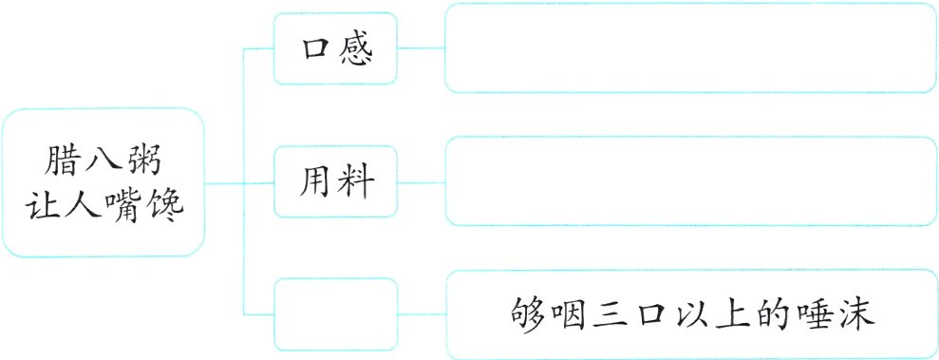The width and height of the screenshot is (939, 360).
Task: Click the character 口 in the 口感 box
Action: point(315,49)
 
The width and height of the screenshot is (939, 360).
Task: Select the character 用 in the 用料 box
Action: point(315,181)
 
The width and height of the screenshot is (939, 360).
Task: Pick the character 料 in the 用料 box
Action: point(355,181)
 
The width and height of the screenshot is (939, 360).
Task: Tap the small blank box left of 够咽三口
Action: point(335,313)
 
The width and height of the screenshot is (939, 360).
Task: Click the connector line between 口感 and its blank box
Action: point(421,47)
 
